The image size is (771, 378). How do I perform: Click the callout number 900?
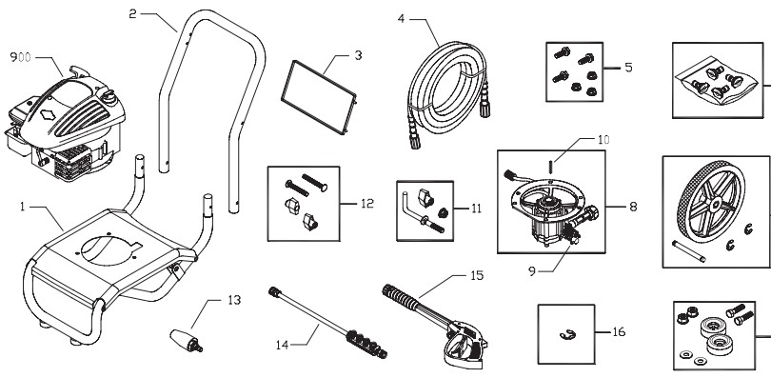pos(20,57)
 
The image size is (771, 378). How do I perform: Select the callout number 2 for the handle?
pos(133,14)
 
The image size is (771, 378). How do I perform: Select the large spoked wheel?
pos(709,209)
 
